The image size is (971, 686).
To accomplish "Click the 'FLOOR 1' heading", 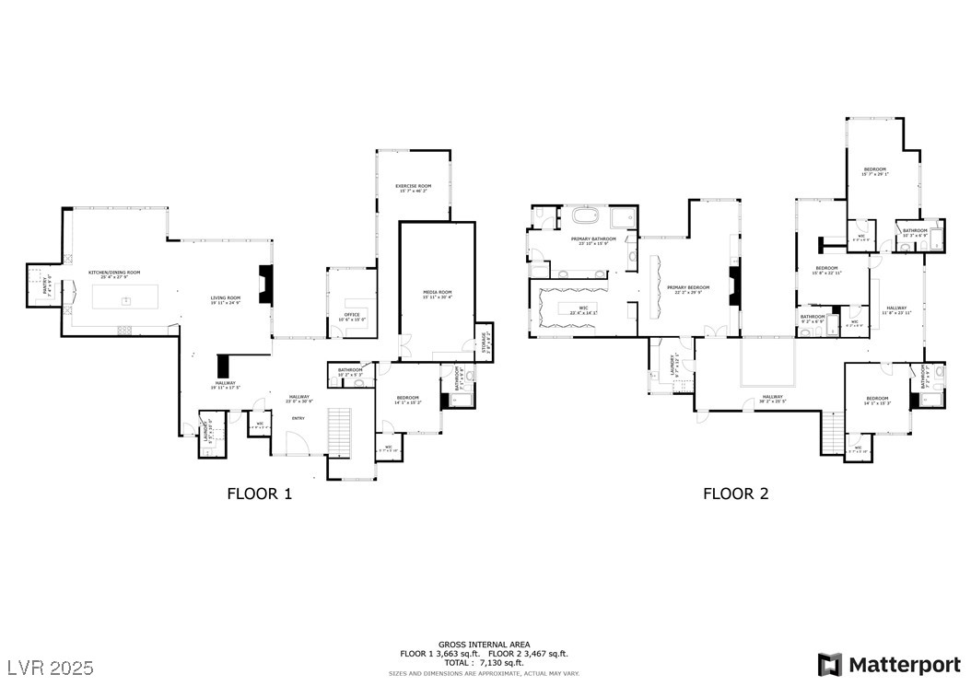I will (259, 494).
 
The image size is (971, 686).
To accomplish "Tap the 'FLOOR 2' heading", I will (735, 494).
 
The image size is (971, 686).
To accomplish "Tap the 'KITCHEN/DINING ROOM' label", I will (113, 273).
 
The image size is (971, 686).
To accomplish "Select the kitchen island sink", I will (126, 299).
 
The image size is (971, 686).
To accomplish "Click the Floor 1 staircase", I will (340, 431).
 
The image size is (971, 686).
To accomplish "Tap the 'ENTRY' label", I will (298, 419).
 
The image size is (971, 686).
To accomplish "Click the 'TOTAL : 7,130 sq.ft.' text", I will (485, 662).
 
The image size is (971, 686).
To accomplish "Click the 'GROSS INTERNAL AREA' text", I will (485, 645).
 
